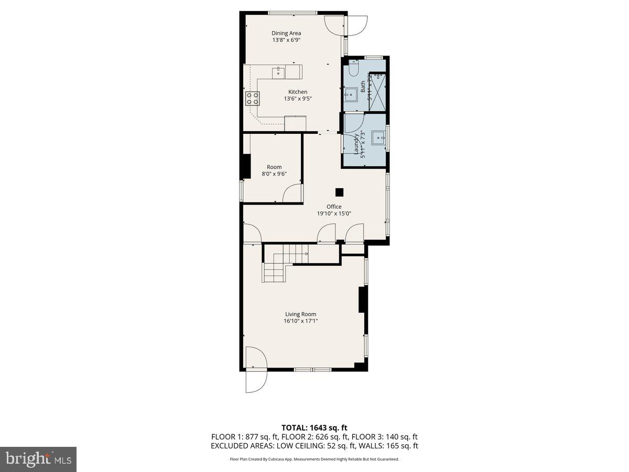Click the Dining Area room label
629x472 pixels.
[286, 33]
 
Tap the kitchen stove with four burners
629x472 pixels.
[252, 98]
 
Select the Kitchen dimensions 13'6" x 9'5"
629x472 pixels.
[298, 99]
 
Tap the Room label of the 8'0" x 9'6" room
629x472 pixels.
[274, 167]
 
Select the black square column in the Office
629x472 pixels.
[340, 192]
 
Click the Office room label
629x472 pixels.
[334, 207]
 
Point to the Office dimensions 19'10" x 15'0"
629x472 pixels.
[334, 213]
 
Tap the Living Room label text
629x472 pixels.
[300, 314]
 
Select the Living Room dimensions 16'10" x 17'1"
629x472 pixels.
[301, 321]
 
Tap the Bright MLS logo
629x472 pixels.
[38, 459]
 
